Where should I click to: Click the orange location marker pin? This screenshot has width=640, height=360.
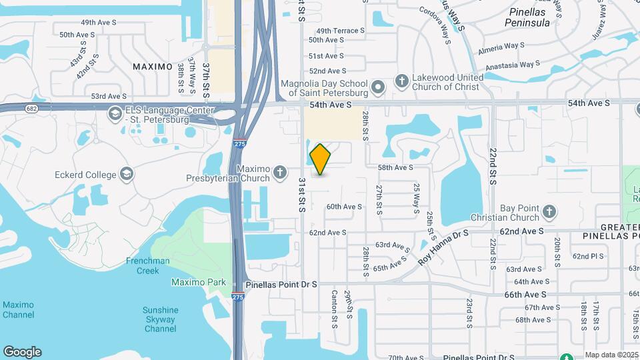pyautogui.click(x=320, y=159)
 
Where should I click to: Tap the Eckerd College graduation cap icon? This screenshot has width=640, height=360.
pyautogui.click(x=127, y=175)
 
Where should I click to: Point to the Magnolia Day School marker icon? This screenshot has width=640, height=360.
pyautogui.click(x=378, y=87)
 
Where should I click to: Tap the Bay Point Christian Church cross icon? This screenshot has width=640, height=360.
pyautogui.click(x=549, y=212)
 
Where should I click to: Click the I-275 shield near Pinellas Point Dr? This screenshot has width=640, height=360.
pyautogui.click(x=239, y=296)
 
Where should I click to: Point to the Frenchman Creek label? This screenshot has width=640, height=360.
pyautogui.click(x=148, y=265)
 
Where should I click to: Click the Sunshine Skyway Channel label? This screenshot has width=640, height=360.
pyautogui.click(x=160, y=319)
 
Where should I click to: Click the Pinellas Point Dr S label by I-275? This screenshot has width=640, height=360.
pyautogui.click(x=281, y=285)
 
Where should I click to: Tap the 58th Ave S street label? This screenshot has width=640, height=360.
pyautogui.click(x=395, y=167)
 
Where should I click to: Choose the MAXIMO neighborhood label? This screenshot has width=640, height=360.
pyautogui.click(x=152, y=67)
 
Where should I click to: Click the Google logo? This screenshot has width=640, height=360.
pyautogui.click(x=22, y=352)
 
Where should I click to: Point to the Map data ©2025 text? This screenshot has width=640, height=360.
pyautogui.click(x=611, y=355)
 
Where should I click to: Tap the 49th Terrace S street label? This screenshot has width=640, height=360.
pyautogui.click(x=340, y=31)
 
